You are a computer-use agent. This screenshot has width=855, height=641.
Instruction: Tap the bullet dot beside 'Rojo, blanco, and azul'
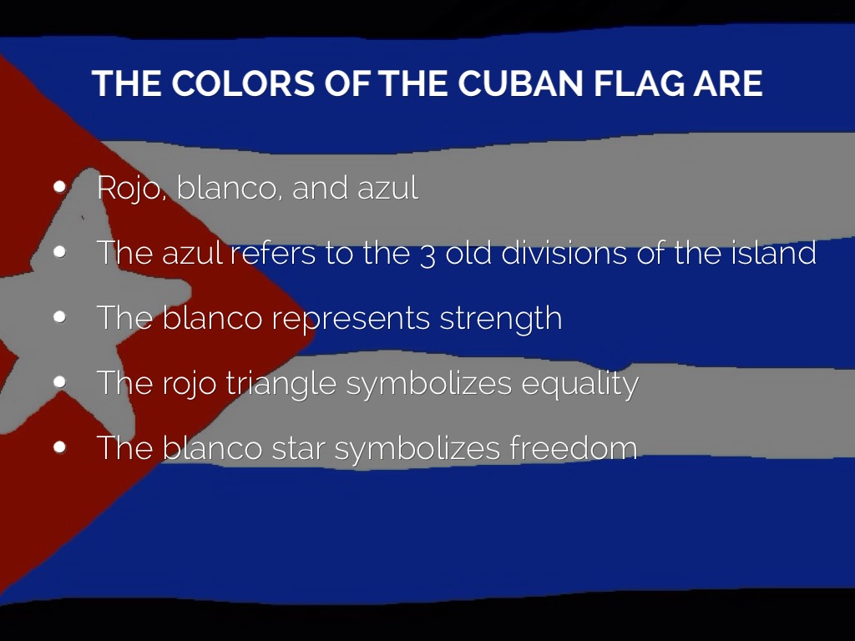tap(59, 187)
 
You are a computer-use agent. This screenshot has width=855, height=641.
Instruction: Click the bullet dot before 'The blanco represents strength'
tap(59, 317)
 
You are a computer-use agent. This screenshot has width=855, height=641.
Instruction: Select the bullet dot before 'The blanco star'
tap(59, 447)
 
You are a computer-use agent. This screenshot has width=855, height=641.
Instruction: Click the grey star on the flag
tap(92, 300)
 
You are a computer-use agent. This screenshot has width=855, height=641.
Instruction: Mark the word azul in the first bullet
tap(387, 188)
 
